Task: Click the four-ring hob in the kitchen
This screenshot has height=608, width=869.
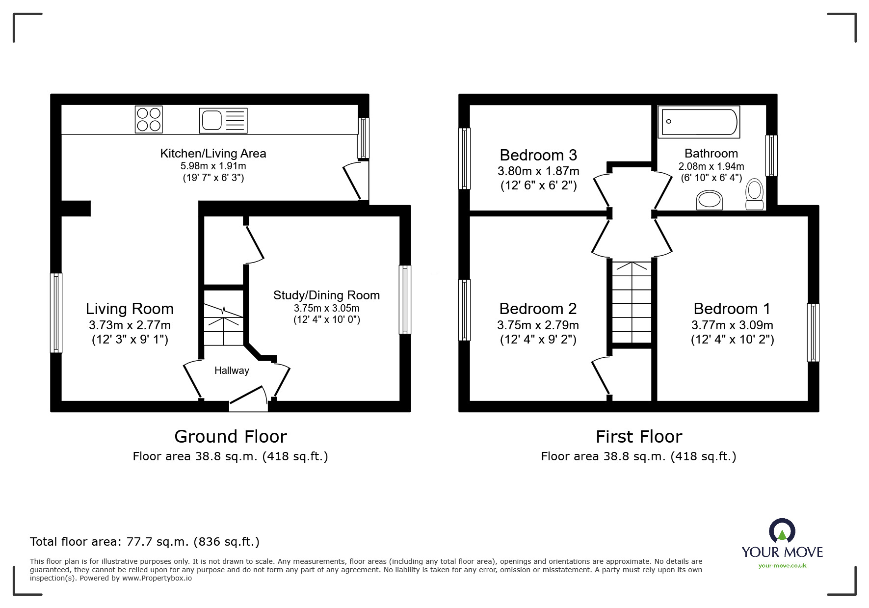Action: tap(149, 119)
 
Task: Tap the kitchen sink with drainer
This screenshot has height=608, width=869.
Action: tap(223, 120)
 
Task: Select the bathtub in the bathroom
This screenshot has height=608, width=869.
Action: tap(699, 122)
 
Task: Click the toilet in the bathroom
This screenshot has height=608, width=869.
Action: tap(754, 195)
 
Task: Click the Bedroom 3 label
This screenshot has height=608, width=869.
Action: tap(538, 155)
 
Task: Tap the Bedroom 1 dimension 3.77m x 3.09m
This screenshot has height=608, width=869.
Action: tap(732, 325)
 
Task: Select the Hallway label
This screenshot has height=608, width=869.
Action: tap(232, 370)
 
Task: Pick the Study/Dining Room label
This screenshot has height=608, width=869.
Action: tap(326, 295)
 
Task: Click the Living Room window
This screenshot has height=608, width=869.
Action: tap(56, 313)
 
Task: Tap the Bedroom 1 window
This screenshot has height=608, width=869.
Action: tap(813, 332)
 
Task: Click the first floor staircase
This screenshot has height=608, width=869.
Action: tap(632, 302)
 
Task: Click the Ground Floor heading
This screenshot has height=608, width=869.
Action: tap(231, 436)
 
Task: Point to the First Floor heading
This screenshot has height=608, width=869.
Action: tap(638, 436)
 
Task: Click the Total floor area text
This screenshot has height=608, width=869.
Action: tap(145, 542)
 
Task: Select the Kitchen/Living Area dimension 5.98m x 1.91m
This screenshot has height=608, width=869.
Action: tap(213, 166)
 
